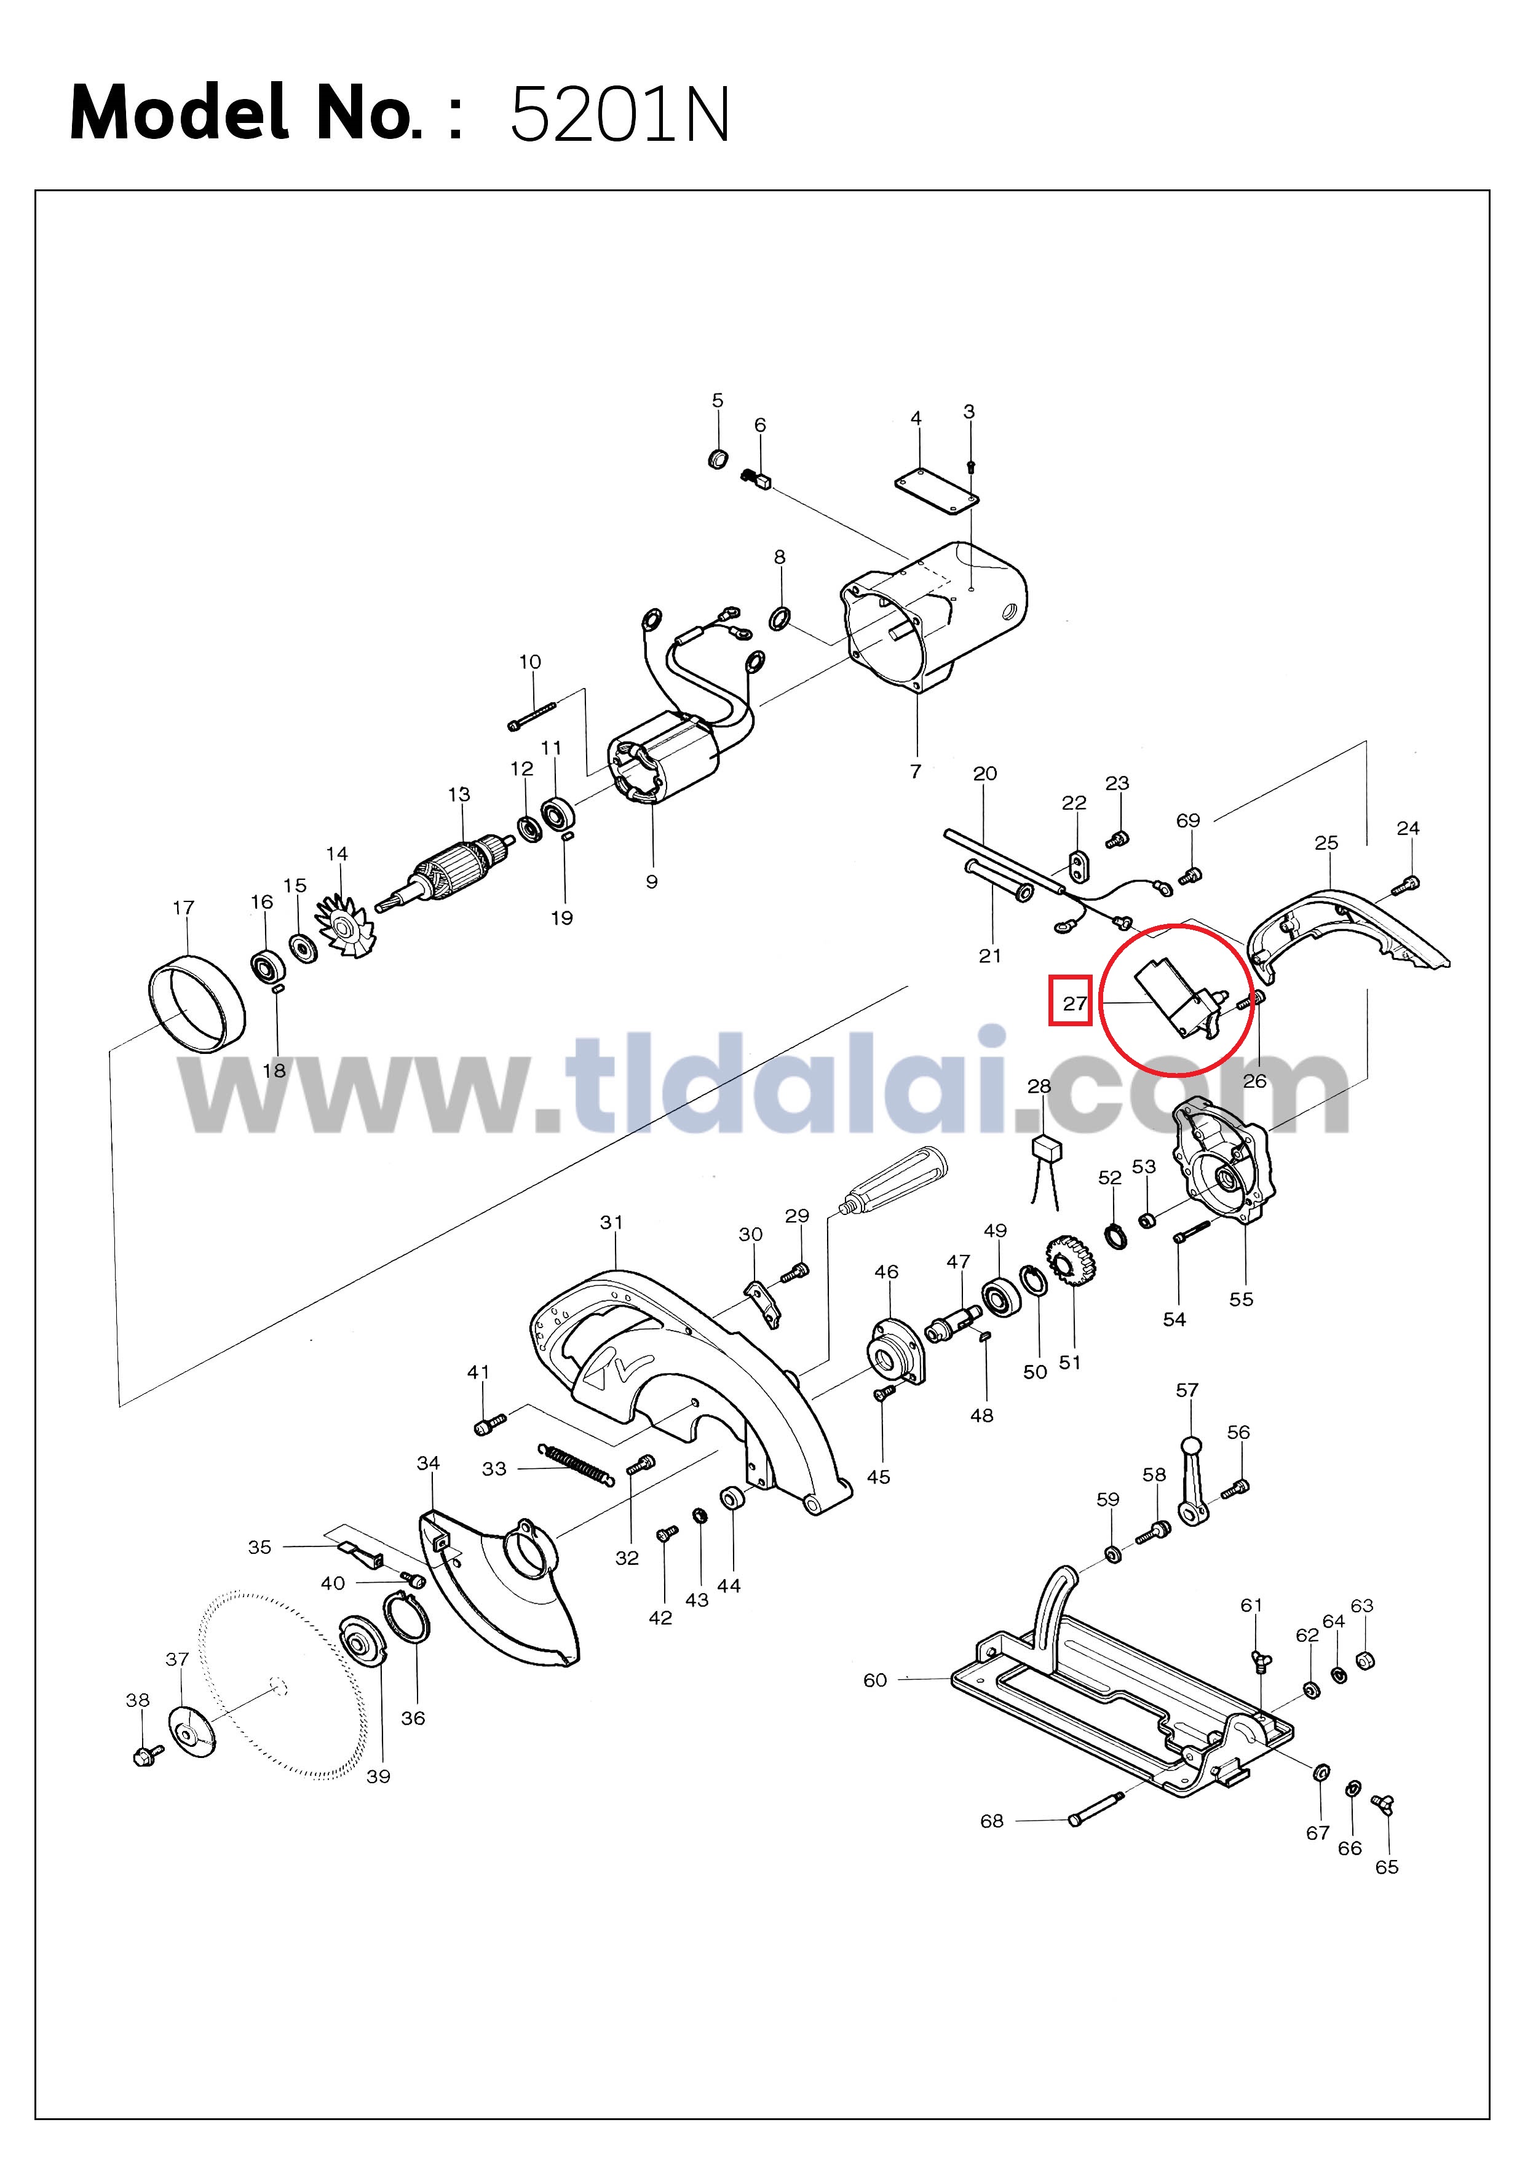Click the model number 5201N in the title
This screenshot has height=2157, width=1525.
tap(619, 114)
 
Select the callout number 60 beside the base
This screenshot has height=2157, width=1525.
tap(875, 1680)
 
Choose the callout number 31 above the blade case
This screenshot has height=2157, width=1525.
tap(612, 1222)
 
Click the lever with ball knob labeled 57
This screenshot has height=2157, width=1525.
tap(1194, 1482)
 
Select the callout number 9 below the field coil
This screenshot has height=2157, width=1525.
tap(652, 881)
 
